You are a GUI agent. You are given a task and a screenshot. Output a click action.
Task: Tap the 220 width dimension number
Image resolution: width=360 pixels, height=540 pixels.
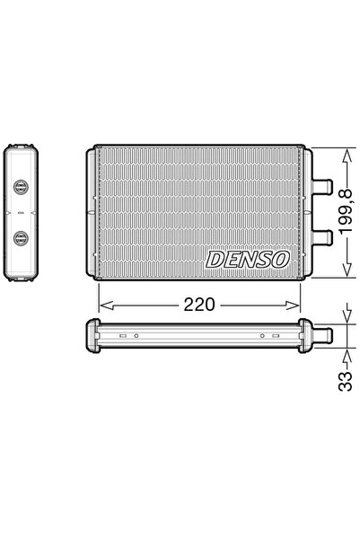(x=199, y=304)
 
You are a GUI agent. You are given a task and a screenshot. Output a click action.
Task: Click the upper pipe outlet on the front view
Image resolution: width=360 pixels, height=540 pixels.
(x=326, y=190)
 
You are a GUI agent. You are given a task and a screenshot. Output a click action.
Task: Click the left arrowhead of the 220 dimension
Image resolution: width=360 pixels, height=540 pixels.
(x=101, y=304)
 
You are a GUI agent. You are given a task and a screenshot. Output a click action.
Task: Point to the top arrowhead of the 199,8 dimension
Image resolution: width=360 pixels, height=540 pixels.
(x=347, y=153)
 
